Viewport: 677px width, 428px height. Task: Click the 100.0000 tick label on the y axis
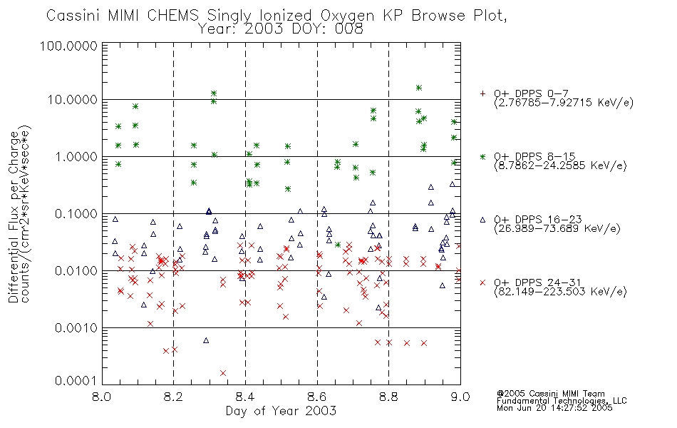(68, 46)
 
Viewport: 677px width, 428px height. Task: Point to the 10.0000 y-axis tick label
(72, 100)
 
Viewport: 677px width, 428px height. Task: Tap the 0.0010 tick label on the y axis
(76, 328)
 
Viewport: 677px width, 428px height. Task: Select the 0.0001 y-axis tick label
(76, 381)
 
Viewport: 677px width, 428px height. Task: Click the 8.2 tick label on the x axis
(174, 397)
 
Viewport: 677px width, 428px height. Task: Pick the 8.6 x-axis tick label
(317, 397)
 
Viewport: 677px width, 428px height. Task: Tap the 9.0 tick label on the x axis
(460, 397)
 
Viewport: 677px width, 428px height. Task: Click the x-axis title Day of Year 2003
(281, 411)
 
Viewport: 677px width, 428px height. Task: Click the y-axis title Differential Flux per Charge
(14, 217)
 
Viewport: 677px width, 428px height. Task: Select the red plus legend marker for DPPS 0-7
(482, 93)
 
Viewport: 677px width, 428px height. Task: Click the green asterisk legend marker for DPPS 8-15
(482, 157)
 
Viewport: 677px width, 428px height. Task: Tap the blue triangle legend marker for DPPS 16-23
(482, 220)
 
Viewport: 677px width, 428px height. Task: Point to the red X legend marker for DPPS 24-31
(482, 282)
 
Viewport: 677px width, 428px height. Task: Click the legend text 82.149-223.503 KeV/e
(560, 292)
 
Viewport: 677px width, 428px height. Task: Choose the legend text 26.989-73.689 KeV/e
(557, 229)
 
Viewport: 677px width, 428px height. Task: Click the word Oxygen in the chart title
(348, 16)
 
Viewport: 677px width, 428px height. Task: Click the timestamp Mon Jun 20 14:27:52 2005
(554, 408)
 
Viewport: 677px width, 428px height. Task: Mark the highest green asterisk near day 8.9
(418, 88)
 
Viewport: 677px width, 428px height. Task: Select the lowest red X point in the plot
(223, 373)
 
